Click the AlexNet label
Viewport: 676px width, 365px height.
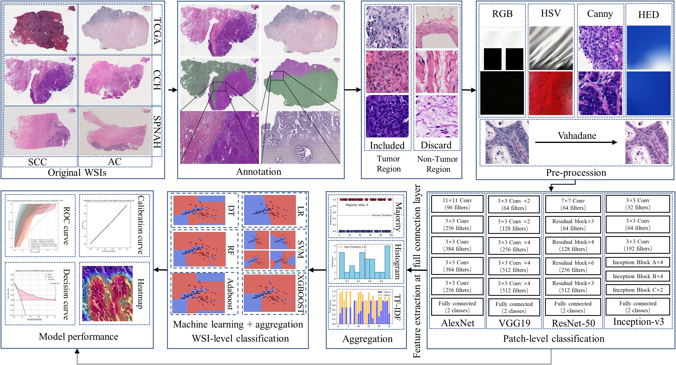click(x=458, y=323)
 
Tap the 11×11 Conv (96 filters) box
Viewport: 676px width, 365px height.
click(x=457, y=204)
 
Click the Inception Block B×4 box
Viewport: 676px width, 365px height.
click(x=638, y=276)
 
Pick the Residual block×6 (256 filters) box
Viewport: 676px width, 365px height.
click(x=573, y=266)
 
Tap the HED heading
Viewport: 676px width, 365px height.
click(x=648, y=14)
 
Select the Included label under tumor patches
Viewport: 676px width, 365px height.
click(x=387, y=145)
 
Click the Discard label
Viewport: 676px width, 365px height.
click(x=436, y=145)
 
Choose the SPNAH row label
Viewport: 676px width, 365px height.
click(x=157, y=132)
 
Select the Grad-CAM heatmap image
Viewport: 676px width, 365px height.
click(x=107, y=294)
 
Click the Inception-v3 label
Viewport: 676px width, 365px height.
click(x=638, y=322)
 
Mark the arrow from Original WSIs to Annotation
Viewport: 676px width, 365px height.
click(x=172, y=90)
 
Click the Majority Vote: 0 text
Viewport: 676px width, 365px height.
click(x=357, y=205)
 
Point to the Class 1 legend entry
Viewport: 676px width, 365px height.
click(x=384, y=295)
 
